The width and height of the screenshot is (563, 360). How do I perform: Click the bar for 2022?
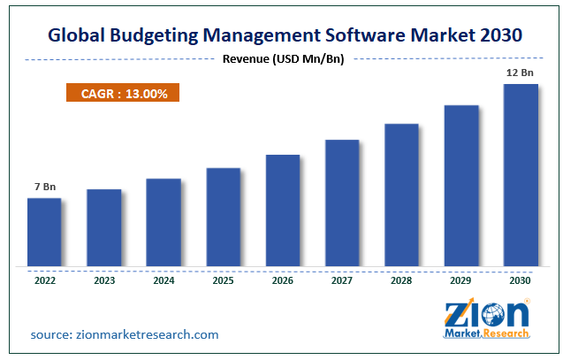click(x=44, y=232)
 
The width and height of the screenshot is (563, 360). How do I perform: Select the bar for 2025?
click(x=224, y=217)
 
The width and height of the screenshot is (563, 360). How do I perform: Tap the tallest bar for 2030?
click(x=521, y=175)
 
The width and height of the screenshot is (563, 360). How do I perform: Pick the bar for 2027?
click(x=342, y=203)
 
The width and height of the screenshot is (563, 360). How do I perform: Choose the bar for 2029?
click(x=461, y=186)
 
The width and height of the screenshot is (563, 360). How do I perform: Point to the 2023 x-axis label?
click(x=103, y=281)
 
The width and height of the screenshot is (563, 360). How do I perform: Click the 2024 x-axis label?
click(x=164, y=281)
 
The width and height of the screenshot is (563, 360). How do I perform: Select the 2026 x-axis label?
click(x=283, y=281)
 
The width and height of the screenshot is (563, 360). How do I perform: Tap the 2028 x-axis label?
click(x=402, y=281)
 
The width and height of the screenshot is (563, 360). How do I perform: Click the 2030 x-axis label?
click(x=521, y=281)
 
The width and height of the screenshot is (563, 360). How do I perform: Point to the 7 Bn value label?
click(x=44, y=187)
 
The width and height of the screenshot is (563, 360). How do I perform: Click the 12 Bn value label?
click(x=520, y=72)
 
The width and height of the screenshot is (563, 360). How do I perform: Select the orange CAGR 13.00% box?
click(x=122, y=94)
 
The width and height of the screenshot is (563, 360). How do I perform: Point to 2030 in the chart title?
click(x=499, y=34)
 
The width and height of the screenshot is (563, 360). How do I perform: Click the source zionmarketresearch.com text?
click(x=124, y=334)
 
